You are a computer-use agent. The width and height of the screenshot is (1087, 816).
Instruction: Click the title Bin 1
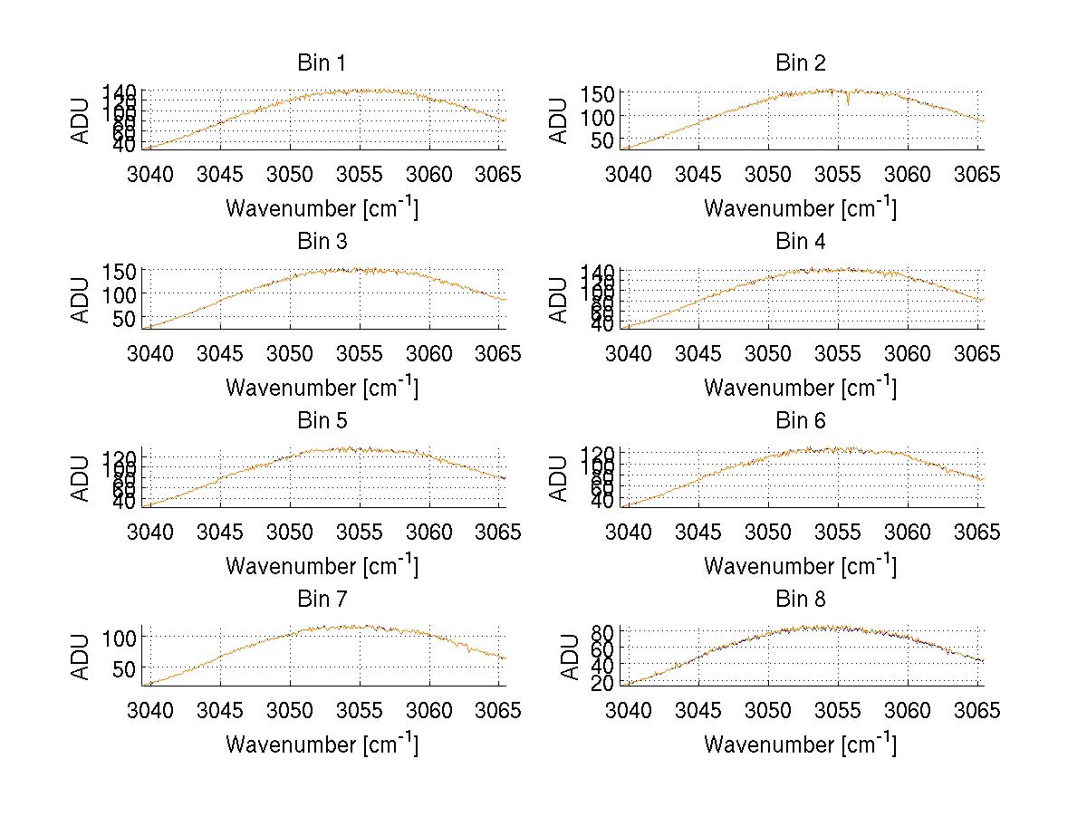click(321, 63)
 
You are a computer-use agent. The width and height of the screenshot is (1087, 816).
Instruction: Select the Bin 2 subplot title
click(800, 63)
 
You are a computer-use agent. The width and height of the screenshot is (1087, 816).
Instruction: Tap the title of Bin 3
click(321, 242)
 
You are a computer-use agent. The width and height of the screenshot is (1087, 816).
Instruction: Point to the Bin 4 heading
click(800, 242)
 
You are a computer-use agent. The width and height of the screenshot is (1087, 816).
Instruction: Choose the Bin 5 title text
click(321, 421)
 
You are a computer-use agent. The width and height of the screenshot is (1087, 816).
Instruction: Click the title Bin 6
click(800, 421)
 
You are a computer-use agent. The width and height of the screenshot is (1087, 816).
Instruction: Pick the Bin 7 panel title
click(321, 600)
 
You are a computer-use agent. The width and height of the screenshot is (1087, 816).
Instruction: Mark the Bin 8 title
click(800, 600)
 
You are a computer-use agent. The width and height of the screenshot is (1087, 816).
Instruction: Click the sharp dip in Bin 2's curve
click(848, 103)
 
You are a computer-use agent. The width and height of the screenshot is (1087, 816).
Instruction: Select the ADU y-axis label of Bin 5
click(82, 477)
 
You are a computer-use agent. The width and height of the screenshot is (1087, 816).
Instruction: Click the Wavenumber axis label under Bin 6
click(800, 566)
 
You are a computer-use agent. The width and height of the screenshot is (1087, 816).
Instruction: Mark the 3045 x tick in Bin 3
click(220, 352)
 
